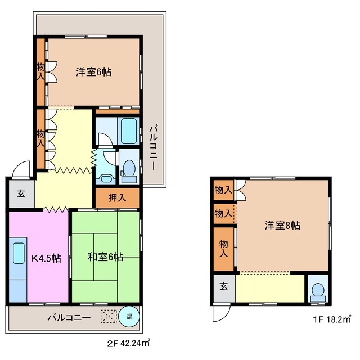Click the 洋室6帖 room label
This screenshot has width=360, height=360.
pyautogui.click(x=93, y=72)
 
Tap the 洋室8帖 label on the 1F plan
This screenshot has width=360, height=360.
pyautogui.click(x=282, y=225)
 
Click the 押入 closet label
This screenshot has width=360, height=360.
pyautogui.click(x=117, y=197)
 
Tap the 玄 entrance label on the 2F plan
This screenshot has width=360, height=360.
pyautogui.click(x=21, y=194)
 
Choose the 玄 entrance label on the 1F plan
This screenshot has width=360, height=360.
pyautogui.click(x=223, y=286)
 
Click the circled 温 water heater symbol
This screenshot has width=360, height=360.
pyautogui.click(x=129, y=317)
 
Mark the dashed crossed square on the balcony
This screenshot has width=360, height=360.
pyautogui.click(x=107, y=316)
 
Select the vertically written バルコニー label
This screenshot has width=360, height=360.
pyautogui.click(x=154, y=149)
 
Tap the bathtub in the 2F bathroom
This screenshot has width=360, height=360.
pyautogui.click(x=129, y=131)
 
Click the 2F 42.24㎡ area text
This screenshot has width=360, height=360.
pyautogui.click(x=129, y=342)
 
